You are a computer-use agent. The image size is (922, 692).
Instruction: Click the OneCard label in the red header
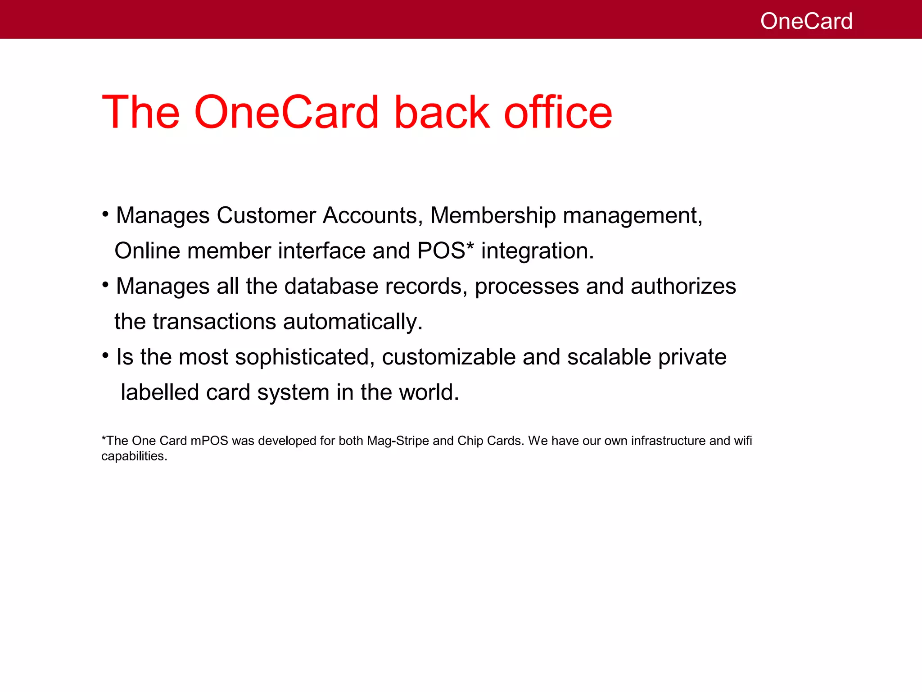coord(806,21)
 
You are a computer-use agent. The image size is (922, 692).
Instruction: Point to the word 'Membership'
coord(493,215)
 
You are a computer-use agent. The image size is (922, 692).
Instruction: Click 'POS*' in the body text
coord(446,250)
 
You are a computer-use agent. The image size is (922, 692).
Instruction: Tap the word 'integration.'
coord(538,251)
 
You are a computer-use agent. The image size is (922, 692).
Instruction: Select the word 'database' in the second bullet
coord(331,286)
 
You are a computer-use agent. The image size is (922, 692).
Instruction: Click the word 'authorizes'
coord(683,286)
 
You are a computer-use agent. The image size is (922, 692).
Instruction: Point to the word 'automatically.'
coord(353,322)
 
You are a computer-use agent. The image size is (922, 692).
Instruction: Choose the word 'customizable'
coord(448,358)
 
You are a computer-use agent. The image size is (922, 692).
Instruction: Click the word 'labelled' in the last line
coord(160,392)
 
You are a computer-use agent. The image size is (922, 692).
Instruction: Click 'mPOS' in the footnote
coord(209,441)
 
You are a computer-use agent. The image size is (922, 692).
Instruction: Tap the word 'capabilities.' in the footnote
coord(134,456)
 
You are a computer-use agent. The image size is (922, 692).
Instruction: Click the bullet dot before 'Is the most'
coord(105,356)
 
